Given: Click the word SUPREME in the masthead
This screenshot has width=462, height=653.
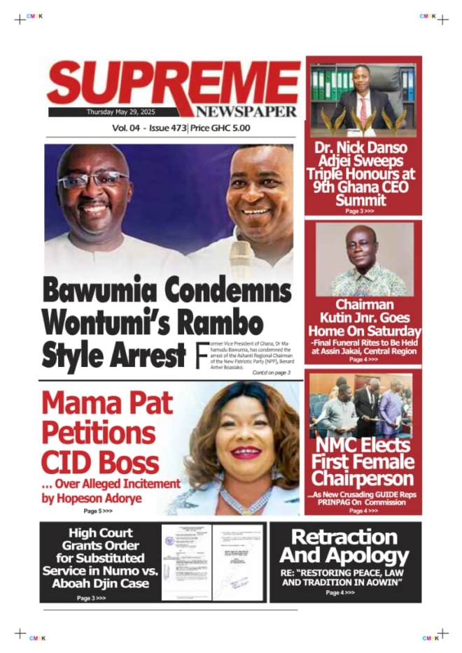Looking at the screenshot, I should point(171,82).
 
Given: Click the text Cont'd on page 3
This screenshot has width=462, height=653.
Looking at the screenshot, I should point(271,373).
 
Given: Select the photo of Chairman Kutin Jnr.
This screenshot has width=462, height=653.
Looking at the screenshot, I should point(363,259).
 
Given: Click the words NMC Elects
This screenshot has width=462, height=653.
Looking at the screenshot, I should point(363,445).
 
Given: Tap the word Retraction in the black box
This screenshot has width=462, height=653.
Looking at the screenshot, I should point(344,538).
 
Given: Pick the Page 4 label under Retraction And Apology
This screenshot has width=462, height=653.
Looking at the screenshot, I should point(340,593).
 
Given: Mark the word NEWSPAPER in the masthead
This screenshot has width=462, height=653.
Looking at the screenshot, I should point(246,112).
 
